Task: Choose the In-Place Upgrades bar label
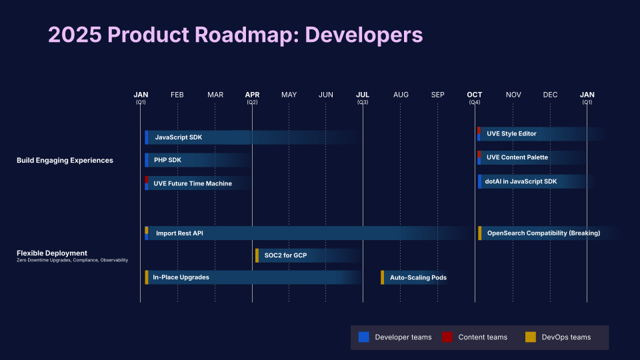(181, 277)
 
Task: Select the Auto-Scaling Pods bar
(418, 277)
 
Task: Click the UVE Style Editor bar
(511, 134)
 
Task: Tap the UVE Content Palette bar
(517, 157)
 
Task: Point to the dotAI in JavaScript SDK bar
(521, 181)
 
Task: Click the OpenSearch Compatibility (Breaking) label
(543, 233)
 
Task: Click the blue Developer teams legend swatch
(364, 337)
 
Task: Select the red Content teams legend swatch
(447, 337)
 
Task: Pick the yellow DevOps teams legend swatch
(531, 337)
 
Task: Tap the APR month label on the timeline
(252, 95)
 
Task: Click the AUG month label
(401, 95)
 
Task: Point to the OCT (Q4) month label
(475, 97)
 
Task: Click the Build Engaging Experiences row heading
(65, 161)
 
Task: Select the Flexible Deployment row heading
(52, 253)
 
